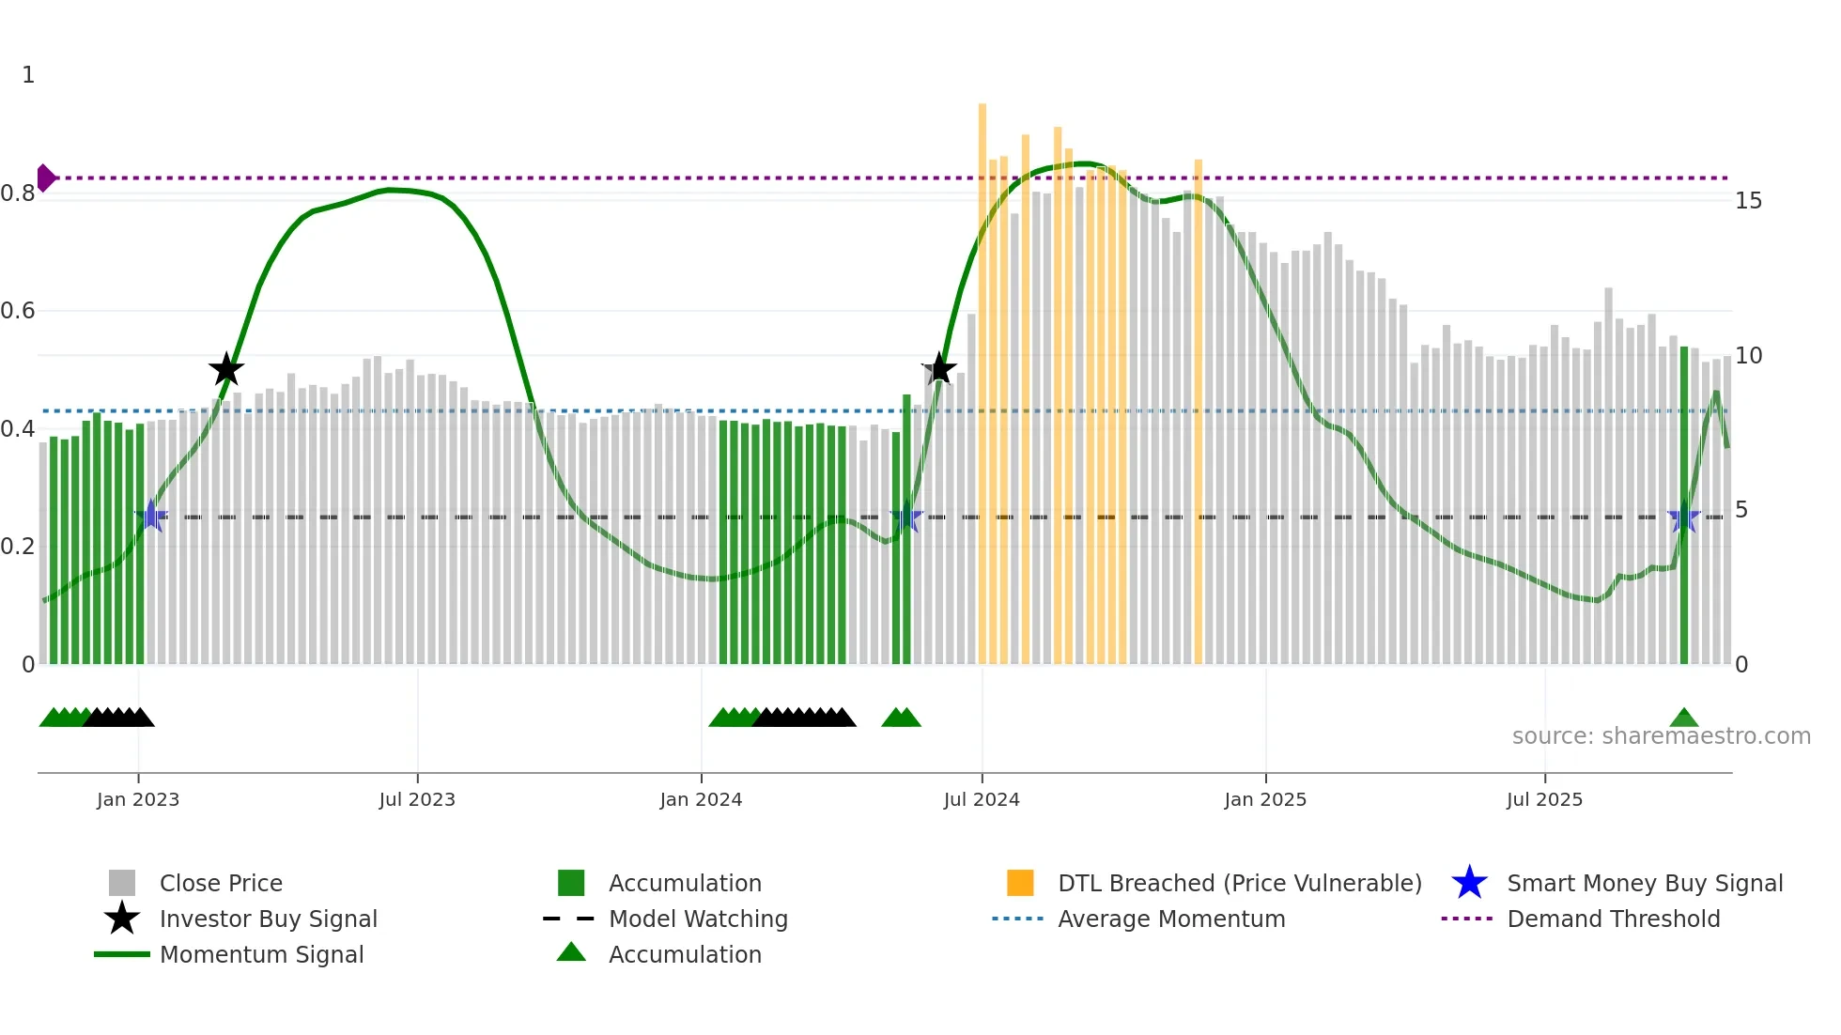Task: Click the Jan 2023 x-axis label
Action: pyautogui.click(x=138, y=799)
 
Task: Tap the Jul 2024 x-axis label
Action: pyautogui.click(x=982, y=799)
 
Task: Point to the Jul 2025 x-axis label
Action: pyautogui.click(x=1544, y=799)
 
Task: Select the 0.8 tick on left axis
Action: pyautogui.click(x=18, y=193)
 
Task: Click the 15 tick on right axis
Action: pyautogui.click(x=1748, y=201)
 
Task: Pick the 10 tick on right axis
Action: pyautogui.click(x=1748, y=356)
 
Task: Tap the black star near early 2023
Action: pyautogui.click(x=225, y=369)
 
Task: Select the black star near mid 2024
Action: pyautogui.click(x=938, y=369)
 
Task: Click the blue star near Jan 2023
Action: pyautogui.click(x=151, y=517)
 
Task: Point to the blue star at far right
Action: pyautogui.click(x=1683, y=517)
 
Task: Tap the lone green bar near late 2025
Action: pyautogui.click(x=1684, y=507)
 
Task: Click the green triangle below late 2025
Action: pyautogui.click(x=1683, y=718)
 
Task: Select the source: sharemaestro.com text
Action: pyautogui.click(x=1661, y=735)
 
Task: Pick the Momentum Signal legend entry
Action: pyautogui.click(x=261, y=954)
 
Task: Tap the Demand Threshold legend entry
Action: pyautogui.click(x=1613, y=919)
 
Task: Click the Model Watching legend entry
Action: pyautogui.click(x=698, y=919)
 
